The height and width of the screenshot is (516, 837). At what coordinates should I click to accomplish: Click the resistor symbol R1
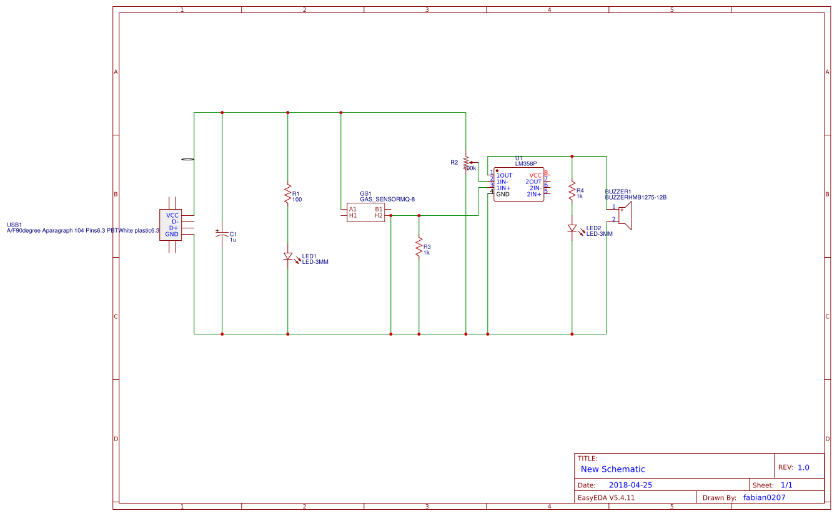[x=287, y=193]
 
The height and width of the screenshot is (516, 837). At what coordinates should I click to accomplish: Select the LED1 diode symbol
[x=287, y=256]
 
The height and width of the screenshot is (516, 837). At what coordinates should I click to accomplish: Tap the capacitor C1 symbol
[x=222, y=236]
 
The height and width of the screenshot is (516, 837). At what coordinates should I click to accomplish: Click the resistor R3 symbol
[x=418, y=246]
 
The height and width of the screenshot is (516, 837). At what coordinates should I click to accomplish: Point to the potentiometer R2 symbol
[x=466, y=162]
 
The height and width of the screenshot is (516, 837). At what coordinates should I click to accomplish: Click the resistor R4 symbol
[x=572, y=190]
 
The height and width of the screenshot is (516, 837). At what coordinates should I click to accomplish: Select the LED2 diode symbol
[x=572, y=228]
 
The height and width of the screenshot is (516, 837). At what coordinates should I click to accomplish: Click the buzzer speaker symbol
[x=625, y=215]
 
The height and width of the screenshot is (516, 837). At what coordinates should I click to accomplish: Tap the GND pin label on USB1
[x=172, y=234]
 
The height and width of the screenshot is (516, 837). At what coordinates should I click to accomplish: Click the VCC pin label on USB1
[x=172, y=215]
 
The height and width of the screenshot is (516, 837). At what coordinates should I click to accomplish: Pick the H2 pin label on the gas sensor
[x=379, y=215]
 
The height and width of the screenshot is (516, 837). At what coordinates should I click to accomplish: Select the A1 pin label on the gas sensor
[x=353, y=209]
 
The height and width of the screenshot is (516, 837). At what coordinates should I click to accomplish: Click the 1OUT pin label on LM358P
[x=504, y=175]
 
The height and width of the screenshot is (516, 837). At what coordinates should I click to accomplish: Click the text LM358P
[x=526, y=163]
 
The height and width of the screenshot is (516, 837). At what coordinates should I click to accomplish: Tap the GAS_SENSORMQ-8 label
[x=387, y=199]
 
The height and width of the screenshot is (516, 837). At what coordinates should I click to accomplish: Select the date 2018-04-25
[x=630, y=485]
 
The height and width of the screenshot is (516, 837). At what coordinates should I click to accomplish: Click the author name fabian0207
[x=764, y=497]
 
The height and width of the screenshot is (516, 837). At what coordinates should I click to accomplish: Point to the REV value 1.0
[x=803, y=467]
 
